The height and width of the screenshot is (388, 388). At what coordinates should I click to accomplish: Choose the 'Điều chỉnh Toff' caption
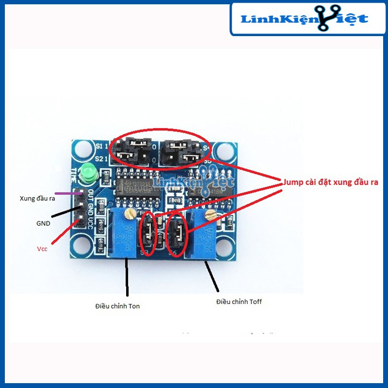pos(239,301)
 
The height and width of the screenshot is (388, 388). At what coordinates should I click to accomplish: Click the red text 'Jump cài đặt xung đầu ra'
pos(331,182)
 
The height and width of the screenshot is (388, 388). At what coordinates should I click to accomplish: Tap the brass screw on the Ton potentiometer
pos(130,214)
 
